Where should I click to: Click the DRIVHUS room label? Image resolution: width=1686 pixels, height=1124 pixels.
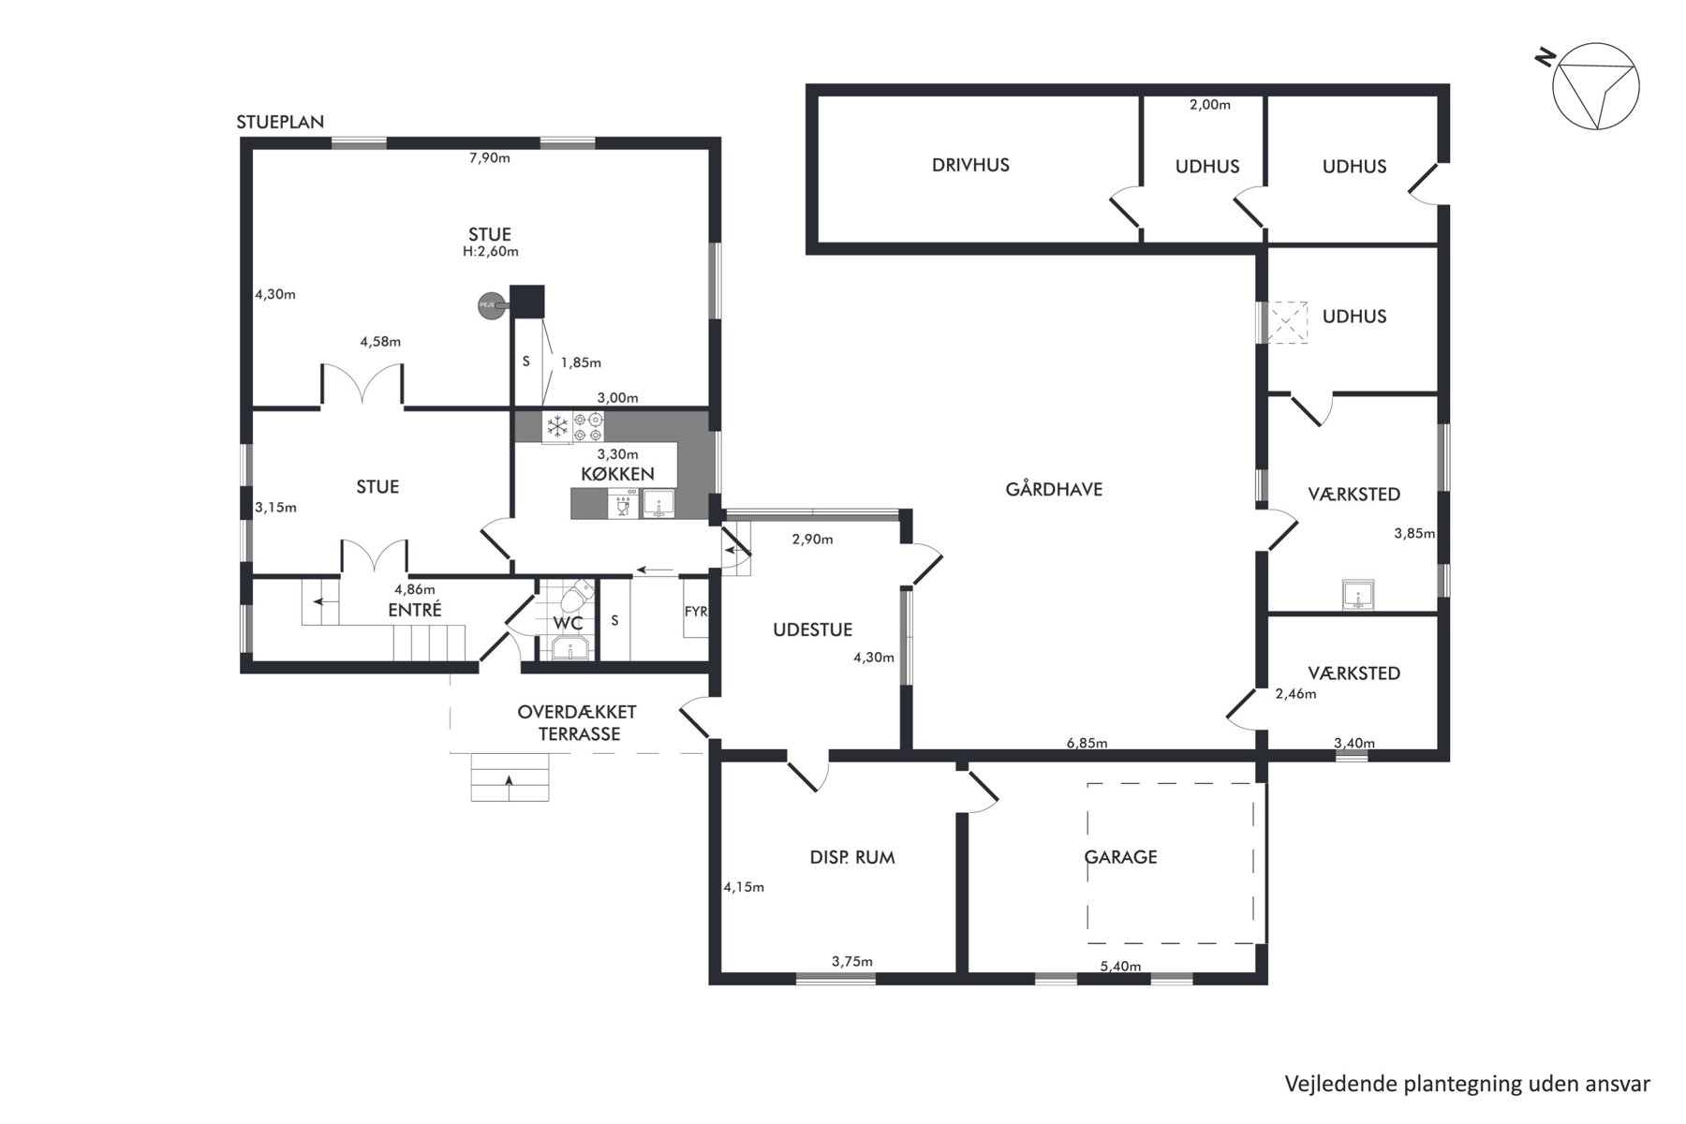tap(970, 165)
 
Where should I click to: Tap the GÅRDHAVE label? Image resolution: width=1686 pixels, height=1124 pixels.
tap(1054, 488)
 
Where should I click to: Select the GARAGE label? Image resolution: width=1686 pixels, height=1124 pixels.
tap(1120, 856)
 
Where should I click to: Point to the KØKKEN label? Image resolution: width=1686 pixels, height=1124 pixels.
tap(617, 474)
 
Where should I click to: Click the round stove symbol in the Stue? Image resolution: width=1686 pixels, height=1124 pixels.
tap(490, 304)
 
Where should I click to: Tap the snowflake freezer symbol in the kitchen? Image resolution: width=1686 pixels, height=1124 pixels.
tap(557, 427)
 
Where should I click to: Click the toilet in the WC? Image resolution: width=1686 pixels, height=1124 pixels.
tap(575, 595)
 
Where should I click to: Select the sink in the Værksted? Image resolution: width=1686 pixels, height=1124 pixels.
tap(1357, 594)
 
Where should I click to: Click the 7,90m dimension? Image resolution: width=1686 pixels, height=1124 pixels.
tap(489, 157)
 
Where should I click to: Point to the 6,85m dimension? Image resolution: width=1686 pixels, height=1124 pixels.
tap(1087, 744)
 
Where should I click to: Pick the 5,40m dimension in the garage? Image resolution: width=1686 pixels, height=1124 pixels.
tap(1120, 966)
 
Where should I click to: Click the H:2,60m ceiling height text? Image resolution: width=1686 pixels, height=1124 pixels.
tap(490, 251)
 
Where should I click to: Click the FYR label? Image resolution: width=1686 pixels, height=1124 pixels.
tap(696, 612)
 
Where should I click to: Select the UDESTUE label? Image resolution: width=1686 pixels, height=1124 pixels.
tap(812, 629)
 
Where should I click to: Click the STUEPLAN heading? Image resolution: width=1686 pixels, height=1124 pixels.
tap(280, 122)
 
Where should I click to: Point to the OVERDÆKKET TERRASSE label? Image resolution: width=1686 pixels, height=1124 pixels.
tap(579, 722)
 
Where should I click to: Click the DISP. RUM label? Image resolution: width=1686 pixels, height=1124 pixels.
tap(852, 856)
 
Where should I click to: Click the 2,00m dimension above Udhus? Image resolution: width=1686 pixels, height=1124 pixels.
tap(1210, 105)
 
